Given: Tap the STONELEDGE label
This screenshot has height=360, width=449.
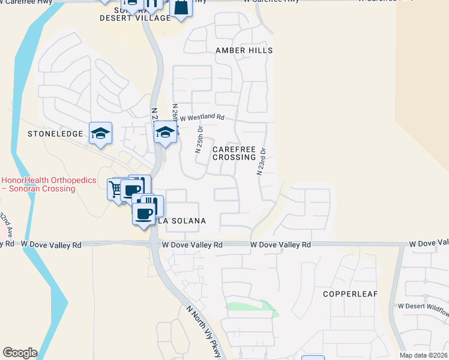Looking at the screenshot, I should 55,134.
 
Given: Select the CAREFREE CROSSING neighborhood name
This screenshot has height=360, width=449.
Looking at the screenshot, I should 234,153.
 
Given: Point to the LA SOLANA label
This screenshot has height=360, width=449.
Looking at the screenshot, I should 182,221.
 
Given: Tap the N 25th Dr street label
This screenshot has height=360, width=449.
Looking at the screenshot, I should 200,139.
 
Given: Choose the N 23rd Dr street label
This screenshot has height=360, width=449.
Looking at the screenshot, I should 261,161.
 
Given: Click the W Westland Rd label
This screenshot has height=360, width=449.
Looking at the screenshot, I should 202,118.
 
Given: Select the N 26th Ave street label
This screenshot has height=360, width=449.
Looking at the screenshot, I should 176,117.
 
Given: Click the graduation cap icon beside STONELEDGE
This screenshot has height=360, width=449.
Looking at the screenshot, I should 101,133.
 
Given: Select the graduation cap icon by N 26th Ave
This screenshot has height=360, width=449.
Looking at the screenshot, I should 164,133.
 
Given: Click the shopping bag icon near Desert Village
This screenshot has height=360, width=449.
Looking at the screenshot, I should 181,7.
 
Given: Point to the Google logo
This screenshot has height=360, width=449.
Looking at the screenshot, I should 20,353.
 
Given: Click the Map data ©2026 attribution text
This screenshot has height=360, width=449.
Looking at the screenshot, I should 423,355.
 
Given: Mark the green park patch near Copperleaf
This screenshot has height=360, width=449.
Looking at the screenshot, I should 251,306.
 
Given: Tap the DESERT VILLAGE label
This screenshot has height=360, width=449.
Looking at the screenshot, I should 135,19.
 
